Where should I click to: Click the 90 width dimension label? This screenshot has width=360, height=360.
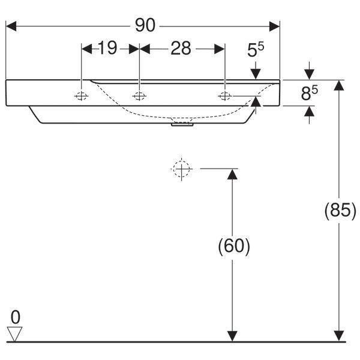point(145,25)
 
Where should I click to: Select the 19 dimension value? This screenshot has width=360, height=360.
point(107,48)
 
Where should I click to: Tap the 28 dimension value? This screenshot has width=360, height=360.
point(181,48)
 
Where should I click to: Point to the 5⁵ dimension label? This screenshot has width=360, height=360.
point(256,49)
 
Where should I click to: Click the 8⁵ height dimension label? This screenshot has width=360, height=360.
point(309,93)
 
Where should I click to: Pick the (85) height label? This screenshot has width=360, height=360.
point(340,210)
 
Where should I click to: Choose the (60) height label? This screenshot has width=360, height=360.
point(234,246)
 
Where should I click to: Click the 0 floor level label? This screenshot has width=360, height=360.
point(16,317)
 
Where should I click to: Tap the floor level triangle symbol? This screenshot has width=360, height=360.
point(14,334)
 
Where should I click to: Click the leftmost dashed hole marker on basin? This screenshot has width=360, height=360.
point(81,96)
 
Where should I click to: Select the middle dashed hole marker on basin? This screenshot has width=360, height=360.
point(139,96)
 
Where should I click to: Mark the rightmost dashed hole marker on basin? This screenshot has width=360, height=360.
point(225,96)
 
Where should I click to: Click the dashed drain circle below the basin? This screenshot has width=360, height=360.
point(181,169)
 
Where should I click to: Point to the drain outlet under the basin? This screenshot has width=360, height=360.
point(182,124)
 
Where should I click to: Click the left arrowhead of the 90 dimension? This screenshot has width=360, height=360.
point(11,26)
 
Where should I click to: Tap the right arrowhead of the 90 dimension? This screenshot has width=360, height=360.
point(275,26)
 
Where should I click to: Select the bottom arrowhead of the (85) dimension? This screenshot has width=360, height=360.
point(339,336)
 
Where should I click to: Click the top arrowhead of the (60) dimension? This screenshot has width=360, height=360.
point(232,174)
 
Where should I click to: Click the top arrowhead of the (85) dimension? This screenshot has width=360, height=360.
point(339,85)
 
